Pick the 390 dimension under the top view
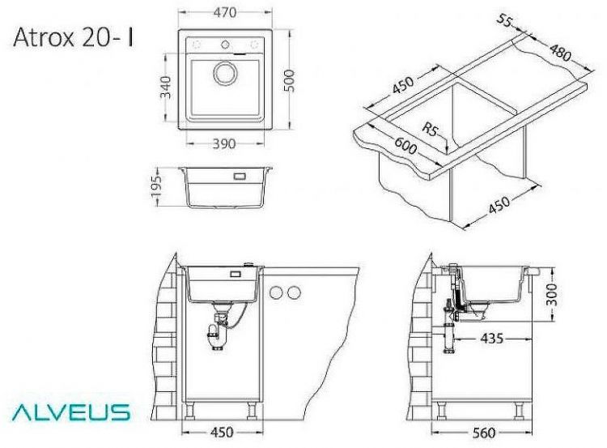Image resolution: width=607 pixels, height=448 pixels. click(223, 144)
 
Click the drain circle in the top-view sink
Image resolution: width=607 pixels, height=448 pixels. click(224, 74)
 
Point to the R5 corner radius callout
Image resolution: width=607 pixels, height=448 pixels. click(433, 129)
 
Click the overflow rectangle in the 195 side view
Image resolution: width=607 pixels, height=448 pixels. click(240, 176)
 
